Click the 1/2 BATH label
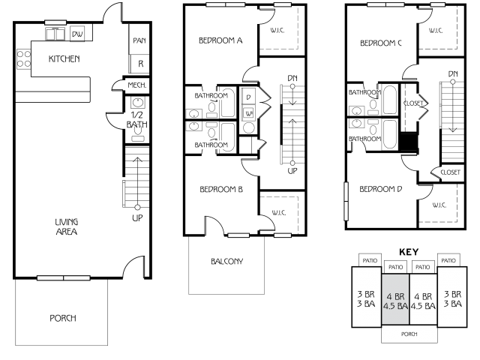(x=136, y=120)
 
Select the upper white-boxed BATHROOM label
(x=211, y=96)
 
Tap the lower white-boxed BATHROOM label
(x=211, y=145)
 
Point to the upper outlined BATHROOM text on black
(x=364, y=93)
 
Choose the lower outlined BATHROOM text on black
(x=364, y=139)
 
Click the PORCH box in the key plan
(x=409, y=334)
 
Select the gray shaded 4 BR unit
(x=395, y=298)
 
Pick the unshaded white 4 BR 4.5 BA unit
(x=423, y=298)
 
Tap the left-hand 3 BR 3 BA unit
(x=366, y=297)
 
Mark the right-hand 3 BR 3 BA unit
(x=451, y=297)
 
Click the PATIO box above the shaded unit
(x=395, y=267)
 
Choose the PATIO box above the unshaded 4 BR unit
(x=423, y=267)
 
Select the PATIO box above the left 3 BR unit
(x=370, y=260)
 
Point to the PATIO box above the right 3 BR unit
(x=448, y=260)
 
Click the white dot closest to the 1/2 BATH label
(x=137, y=207)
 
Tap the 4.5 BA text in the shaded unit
(x=395, y=306)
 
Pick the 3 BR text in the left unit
(x=366, y=294)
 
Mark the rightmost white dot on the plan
(x=453, y=82)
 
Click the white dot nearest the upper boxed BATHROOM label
(x=292, y=86)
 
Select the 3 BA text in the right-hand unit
(x=451, y=303)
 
